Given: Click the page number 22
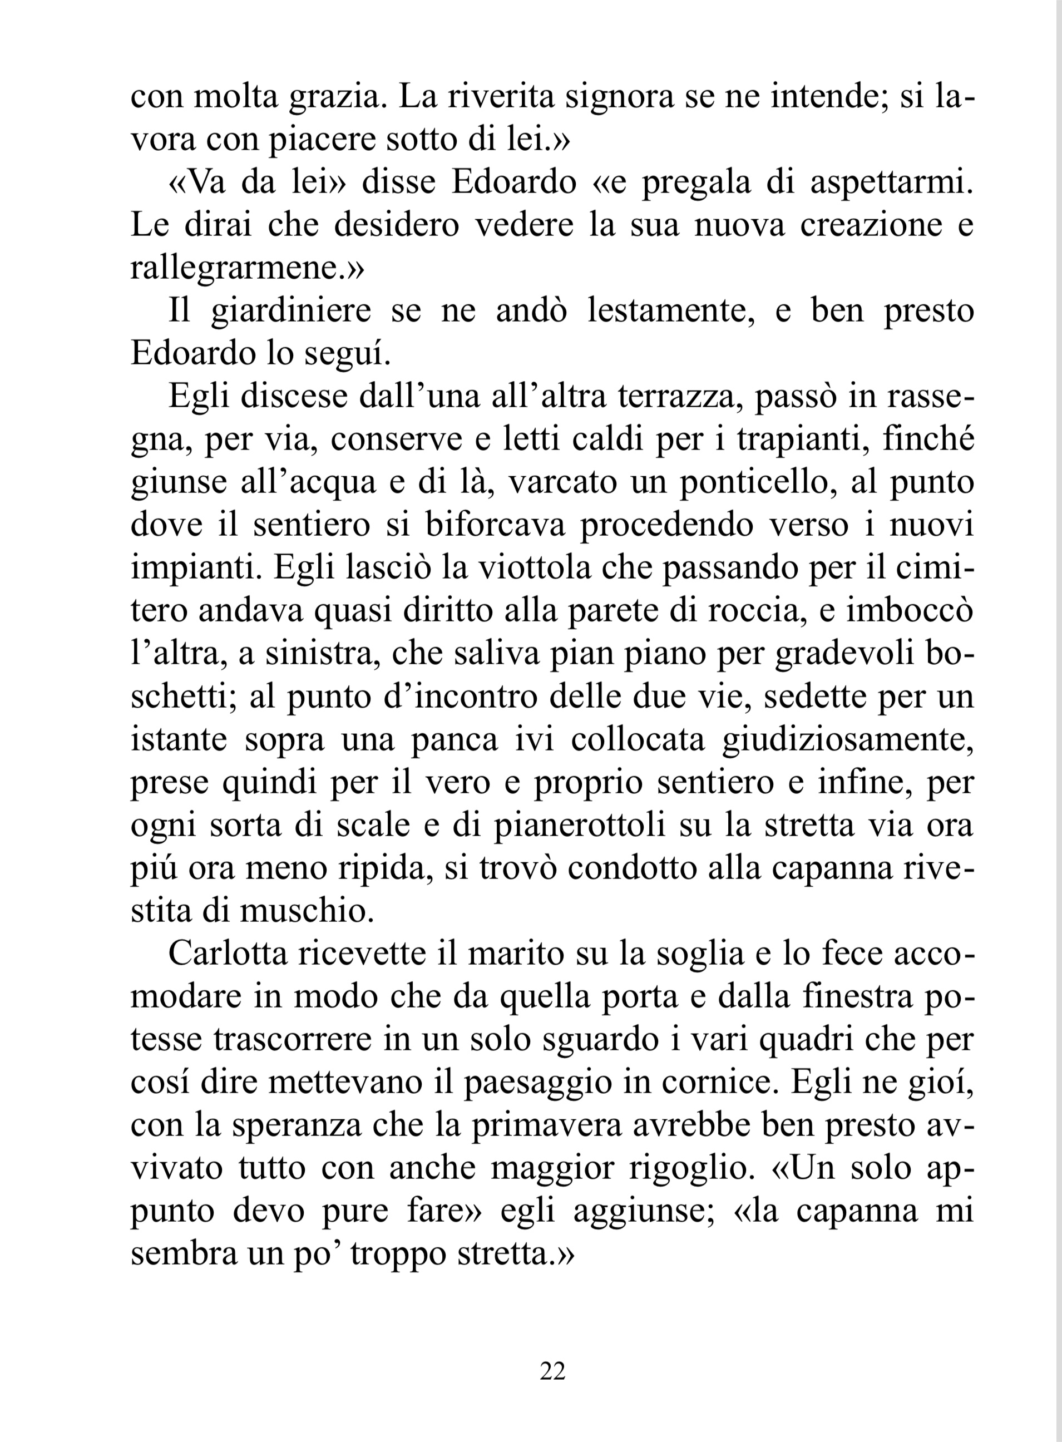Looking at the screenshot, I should (552, 1371).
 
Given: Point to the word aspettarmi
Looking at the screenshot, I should (892, 182).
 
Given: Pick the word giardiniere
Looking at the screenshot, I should (291, 311).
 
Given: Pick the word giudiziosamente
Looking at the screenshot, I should (847, 740).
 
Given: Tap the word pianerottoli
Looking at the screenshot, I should (580, 826).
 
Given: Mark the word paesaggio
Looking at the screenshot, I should (537, 1083).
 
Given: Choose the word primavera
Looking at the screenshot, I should (547, 1125).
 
